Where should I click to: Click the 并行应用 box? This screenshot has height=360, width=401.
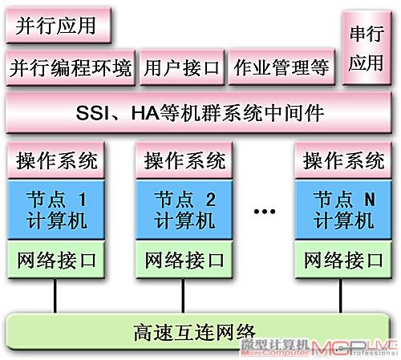point(59,26)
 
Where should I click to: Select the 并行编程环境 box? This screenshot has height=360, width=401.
point(71,67)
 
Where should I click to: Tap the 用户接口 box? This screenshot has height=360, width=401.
point(182,67)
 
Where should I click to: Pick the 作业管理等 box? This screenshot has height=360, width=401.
point(282,67)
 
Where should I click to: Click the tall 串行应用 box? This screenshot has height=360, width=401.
point(367,48)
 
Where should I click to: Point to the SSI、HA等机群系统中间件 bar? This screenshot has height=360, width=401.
point(199,113)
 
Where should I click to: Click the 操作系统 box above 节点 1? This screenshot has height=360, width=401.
point(56,160)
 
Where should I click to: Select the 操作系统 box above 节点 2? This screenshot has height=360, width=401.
point(184,160)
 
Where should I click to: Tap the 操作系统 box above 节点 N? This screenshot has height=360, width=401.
point(343,160)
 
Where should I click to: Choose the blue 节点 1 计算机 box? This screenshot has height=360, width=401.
point(56,210)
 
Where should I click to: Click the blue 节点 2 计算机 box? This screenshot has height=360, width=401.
point(184,210)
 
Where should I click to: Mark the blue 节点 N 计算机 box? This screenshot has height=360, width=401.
point(343,210)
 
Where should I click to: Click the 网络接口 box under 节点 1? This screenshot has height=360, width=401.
point(56,260)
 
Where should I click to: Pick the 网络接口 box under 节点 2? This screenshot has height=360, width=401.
point(184,260)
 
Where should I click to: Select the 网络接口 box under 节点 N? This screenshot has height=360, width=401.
point(343,260)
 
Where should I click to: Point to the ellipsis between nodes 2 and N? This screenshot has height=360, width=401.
point(265,212)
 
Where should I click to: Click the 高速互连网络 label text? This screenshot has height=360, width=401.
point(194,332)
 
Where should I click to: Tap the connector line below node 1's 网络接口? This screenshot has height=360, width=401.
point(55,296)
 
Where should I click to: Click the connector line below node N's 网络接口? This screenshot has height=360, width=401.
point(341,296)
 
